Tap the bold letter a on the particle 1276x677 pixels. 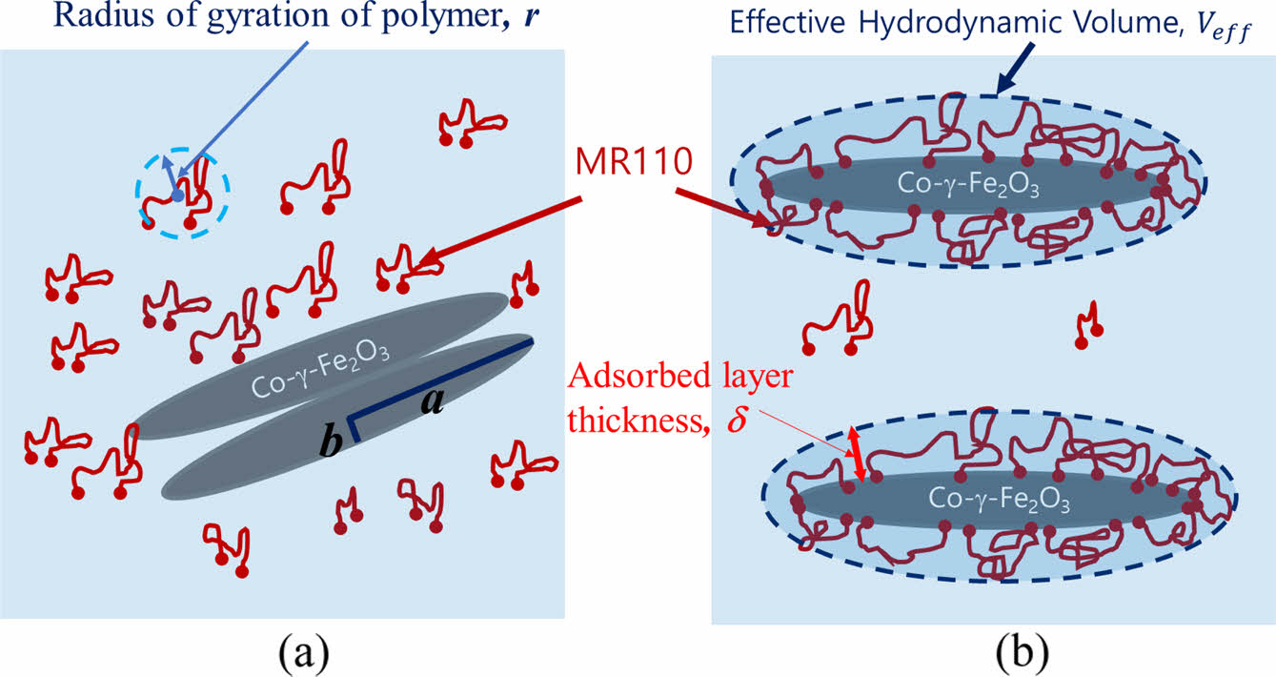coord(432,402)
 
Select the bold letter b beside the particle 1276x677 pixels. coord(331,443)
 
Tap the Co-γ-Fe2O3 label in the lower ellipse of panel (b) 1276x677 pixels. coord(998,499)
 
